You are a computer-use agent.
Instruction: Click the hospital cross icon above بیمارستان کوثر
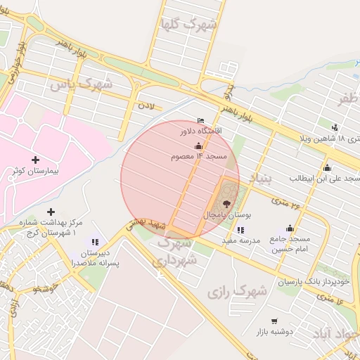pos(35,160)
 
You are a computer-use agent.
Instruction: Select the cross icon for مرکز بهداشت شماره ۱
pos(50,212)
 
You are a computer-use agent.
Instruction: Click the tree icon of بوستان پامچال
pos(235,202)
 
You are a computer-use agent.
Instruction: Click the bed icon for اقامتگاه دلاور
pos(201,121)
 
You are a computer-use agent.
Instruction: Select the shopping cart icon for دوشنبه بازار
pos(274,321)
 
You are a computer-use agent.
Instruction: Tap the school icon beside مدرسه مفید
pos(240,230)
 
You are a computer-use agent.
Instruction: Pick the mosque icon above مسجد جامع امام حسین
pos(290,228)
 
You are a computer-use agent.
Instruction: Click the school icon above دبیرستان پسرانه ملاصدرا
pos(95,242)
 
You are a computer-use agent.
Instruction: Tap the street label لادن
pos(146,105)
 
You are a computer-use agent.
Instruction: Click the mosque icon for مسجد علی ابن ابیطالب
pos(327,167)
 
